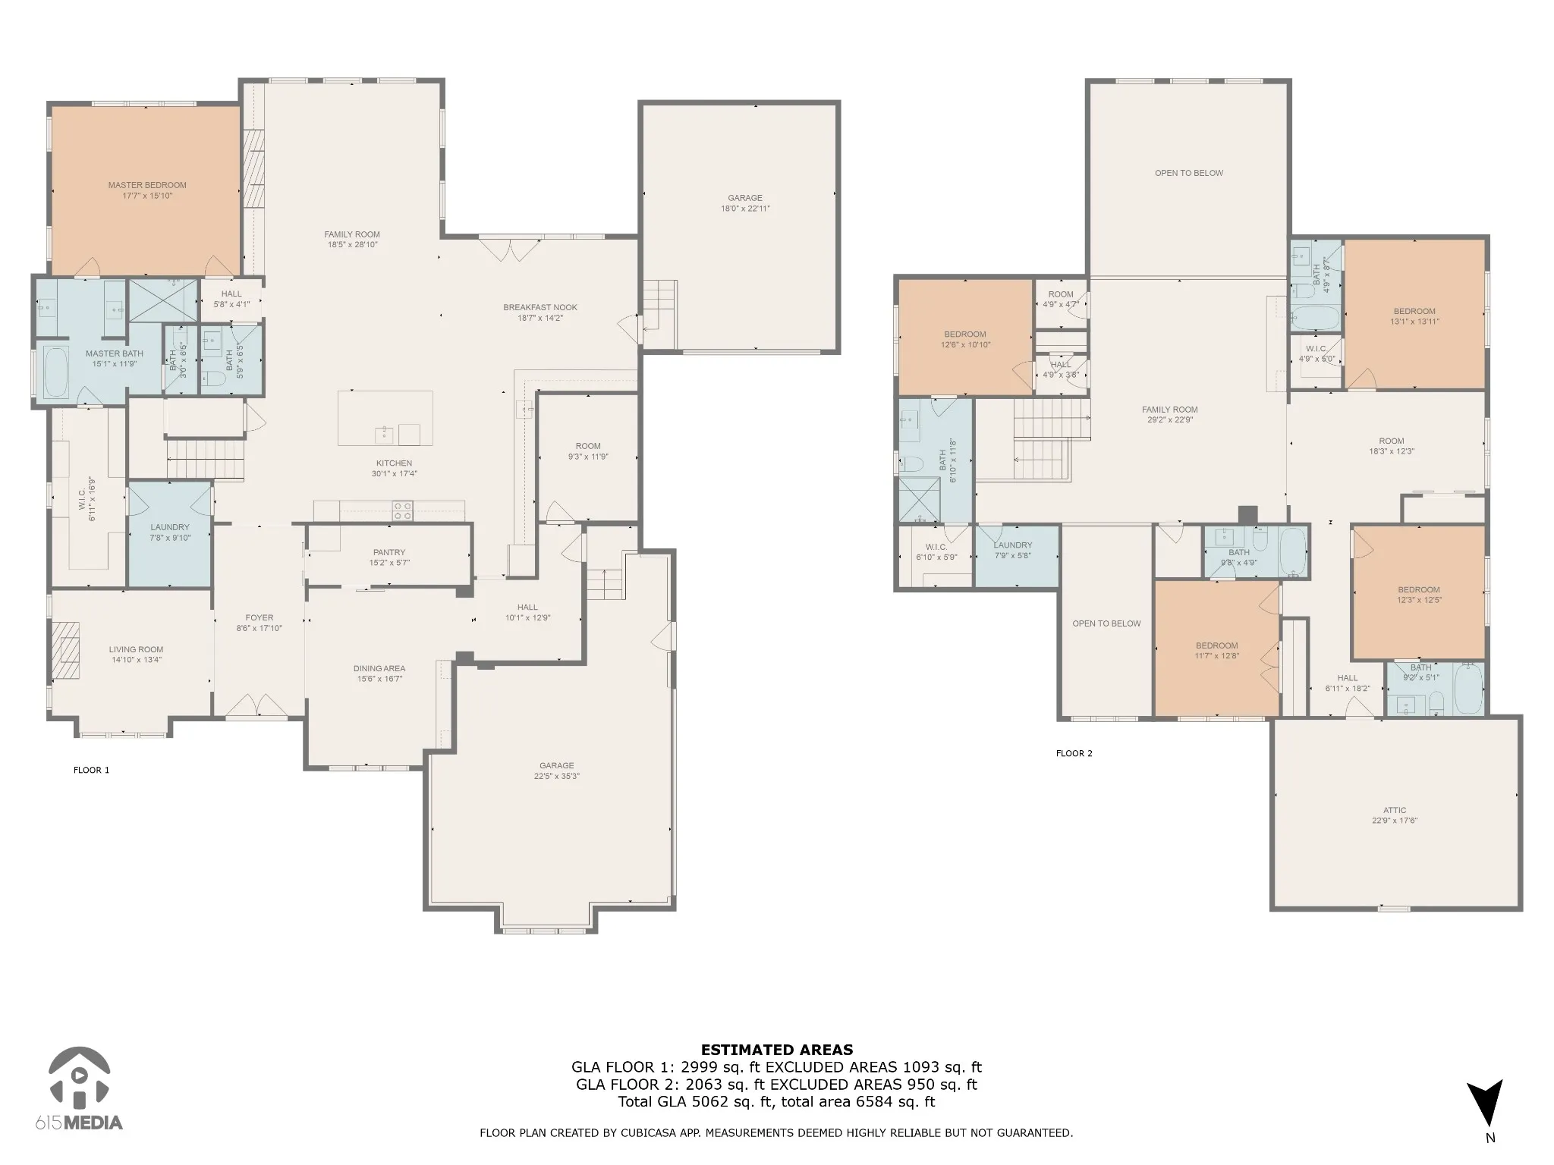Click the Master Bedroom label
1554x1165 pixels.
point(147,185)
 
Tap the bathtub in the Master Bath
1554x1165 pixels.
point(56,372)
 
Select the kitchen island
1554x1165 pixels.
point(385,418)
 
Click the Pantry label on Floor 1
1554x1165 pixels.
point(389,552)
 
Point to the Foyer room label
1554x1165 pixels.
point(260,617)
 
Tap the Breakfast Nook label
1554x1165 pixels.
point(540,307)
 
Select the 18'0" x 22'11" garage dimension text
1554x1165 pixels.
point(745,209)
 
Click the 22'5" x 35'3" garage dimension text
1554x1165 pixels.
point(557,776)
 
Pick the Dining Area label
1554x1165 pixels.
point(379,668)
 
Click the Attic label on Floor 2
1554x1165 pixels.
point(1395,810)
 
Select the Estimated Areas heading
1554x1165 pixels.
point(777,1050)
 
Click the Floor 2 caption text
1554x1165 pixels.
point(1074,753)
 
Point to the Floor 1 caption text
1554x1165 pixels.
point(91,770)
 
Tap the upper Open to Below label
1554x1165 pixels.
point(1189,173)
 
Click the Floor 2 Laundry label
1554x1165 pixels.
point(1013,545)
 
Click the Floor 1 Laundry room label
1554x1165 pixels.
point(170,527)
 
